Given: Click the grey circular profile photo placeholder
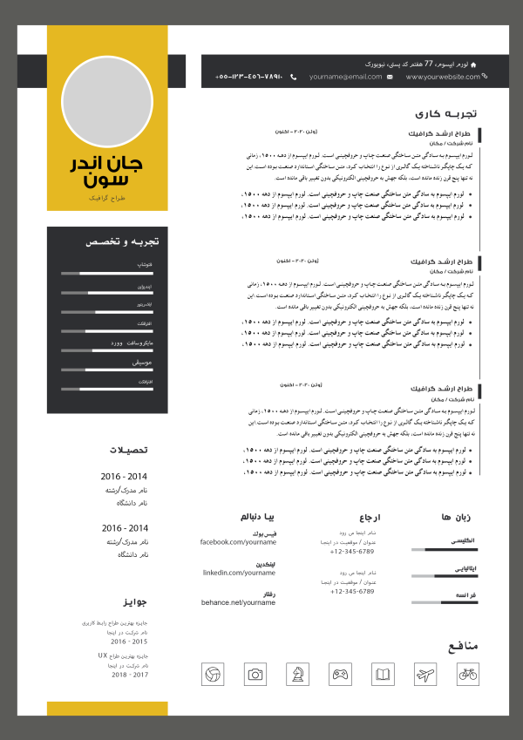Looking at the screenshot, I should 107,99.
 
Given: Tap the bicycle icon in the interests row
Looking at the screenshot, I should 467,674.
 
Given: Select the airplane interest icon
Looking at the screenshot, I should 425,674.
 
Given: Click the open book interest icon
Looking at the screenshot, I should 383,674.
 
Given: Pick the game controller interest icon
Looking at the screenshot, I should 340,674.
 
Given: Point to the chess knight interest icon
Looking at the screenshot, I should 297,674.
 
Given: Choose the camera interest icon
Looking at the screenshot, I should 255,674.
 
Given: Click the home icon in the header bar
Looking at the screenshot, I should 497,64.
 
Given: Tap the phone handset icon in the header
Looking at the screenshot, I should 294,78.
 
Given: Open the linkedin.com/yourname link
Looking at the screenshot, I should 239,573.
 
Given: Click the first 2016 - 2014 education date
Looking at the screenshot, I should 125,478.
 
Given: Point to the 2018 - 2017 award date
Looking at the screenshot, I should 130,675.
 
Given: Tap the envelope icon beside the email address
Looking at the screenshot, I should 389,78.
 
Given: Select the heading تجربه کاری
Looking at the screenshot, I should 446,113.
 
